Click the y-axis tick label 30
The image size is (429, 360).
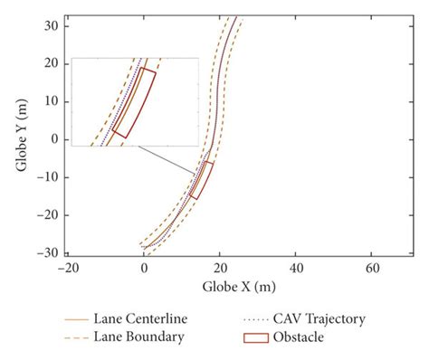click(x=53, y=24)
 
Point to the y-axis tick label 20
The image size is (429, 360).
click(x=53, y=62)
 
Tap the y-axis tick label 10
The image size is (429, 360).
click(x=53, y=100)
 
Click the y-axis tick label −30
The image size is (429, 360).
click(x=50, y=252)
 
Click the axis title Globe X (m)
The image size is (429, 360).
click(x=220, y=288)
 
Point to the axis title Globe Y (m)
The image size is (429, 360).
click(x=21, y=137)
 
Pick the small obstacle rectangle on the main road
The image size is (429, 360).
click(x=202, y=180)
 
